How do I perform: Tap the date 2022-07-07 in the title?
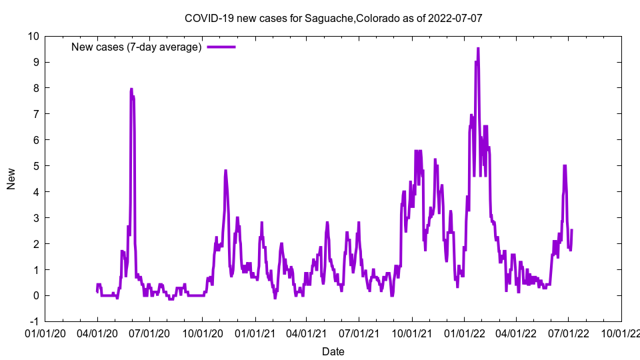coord(456,18)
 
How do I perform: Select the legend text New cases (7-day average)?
coord(136,47)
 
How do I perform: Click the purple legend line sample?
coord(221,47)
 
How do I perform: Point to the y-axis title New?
coord(11,179)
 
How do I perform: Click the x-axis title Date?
coord(333,351)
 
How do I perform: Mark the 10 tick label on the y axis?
coord(32,36)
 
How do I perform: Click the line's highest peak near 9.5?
coord(478,49)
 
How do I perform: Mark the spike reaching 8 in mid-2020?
coord(131,89)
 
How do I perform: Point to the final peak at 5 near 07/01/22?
coord(565,166)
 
